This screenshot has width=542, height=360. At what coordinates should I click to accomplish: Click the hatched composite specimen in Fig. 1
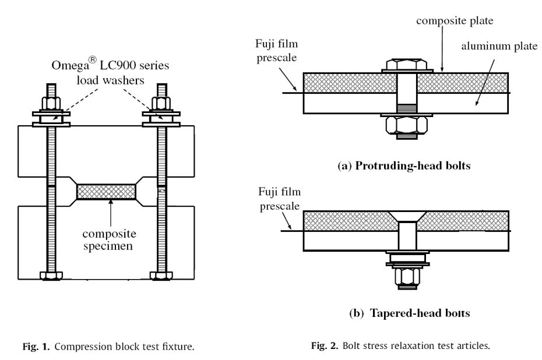[105, 192]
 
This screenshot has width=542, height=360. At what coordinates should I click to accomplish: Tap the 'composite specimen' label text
[109, 240]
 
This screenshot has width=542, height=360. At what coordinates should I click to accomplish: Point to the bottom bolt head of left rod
[51, 276]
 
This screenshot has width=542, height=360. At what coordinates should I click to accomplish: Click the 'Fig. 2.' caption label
[324, 345]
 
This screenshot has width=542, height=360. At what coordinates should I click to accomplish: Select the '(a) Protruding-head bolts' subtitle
[404, 166]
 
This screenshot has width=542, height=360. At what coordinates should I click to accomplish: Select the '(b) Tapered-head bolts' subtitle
[409, 313]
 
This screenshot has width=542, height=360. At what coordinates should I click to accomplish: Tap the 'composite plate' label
[455, 20]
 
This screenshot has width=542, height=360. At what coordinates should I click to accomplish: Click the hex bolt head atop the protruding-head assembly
[407, 63]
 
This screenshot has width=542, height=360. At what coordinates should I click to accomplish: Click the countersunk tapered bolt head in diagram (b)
[407, 217]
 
